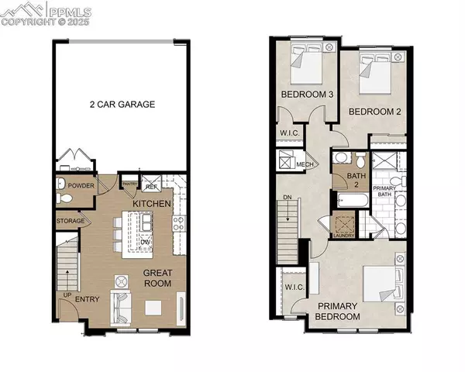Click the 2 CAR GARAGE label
point(122,104)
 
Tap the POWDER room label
point(81,186)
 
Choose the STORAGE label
point(71,222)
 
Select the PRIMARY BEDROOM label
point(338,312)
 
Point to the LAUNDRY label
point(344,235)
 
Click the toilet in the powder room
point(66,199)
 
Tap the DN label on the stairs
point(288,198)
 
